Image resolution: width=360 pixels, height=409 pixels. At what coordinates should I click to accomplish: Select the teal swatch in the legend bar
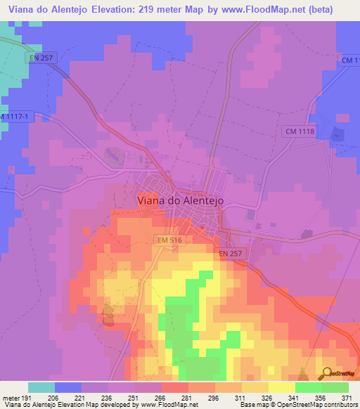click(x=41, y=387)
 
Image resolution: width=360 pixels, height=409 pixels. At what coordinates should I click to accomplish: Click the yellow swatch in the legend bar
click(x=282, y=387)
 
